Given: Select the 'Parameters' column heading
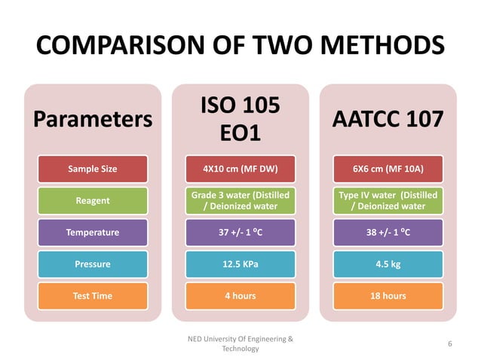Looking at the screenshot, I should (92, 120).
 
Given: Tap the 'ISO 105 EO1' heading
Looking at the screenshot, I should (240, 120).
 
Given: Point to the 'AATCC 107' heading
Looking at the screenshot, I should (388, 120).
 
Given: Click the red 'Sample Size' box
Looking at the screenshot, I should (93, 169).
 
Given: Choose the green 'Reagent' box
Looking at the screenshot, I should (93, 200).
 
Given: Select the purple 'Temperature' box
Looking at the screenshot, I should (93, 232).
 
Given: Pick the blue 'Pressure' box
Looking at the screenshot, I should (93, 264).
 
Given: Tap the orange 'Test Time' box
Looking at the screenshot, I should (93, 296).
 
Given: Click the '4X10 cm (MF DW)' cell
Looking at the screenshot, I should (240, 169).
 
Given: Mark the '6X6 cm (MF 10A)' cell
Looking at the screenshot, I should (388, 169).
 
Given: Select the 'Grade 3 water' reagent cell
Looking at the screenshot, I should (240, 200).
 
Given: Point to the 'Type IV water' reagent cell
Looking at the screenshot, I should (388, 200).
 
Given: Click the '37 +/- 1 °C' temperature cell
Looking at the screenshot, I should (240, 232).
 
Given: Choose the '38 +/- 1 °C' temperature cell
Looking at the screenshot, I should (388, 232).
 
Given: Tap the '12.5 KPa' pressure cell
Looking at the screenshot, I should (240, 264).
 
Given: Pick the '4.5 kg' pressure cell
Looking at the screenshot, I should (388, 264).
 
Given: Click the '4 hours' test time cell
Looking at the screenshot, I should (240, 296).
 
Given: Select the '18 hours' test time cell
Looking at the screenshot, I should (388, 296).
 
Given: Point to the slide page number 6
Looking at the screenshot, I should (449, 343).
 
